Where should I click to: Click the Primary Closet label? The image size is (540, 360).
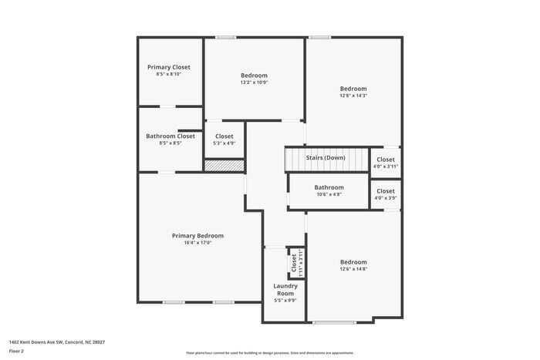168,67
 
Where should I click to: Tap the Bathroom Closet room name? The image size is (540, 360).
170,136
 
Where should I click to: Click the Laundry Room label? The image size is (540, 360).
285,290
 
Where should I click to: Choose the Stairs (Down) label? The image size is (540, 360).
326,158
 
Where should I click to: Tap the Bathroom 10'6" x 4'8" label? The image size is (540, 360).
329,187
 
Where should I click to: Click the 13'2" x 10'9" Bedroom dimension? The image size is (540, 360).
254,82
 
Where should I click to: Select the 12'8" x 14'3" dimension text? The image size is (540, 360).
353,96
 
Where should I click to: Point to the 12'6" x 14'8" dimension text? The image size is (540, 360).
353,269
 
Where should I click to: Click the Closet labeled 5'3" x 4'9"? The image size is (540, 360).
224,136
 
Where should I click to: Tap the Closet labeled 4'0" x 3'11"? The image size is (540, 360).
386,160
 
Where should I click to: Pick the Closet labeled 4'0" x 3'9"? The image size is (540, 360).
386,191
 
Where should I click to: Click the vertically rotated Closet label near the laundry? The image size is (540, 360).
294,263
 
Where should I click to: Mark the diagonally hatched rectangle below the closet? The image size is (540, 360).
224,165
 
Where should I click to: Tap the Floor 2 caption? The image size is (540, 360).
16,351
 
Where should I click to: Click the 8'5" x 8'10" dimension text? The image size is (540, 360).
168,75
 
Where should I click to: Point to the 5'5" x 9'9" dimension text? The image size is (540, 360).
285,301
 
